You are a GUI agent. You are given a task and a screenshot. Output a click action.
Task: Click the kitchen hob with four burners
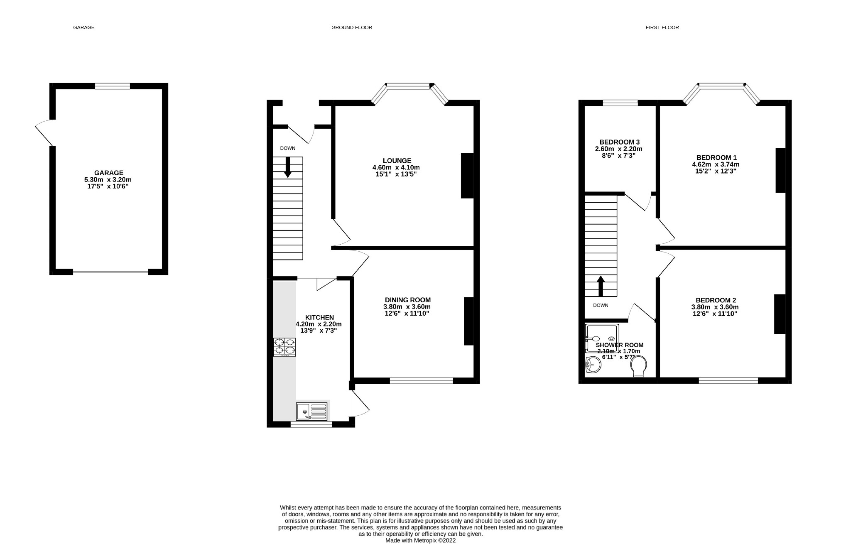[x=284, y=347]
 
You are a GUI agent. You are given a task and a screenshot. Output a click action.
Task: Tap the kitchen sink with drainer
[x=312, y=411]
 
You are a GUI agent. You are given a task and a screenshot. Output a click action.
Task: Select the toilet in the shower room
[x=638, y=368]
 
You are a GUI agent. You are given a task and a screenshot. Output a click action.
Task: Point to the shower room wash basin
[x=593, y=366]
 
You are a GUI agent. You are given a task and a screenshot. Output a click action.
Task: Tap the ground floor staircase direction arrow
[x=287, y=168]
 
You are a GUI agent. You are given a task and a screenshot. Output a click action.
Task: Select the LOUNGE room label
[x=397, y=161]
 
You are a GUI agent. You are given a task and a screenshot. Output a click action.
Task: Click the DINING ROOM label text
[x=407, y=300]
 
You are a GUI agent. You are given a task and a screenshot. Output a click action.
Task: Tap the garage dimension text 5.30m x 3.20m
[x=108, y=180]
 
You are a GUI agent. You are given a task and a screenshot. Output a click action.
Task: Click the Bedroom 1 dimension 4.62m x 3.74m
[x=716, y=164]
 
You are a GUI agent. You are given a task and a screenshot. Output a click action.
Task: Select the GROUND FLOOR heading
[x=351, y=27]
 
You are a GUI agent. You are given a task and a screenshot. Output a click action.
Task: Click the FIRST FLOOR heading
[x=662, y=27]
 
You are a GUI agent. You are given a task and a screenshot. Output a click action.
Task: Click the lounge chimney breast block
[x=467, y=176]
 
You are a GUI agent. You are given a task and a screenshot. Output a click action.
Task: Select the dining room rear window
[x=421, y=380]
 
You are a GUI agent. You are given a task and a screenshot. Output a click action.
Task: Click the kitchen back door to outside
[x=360, y=402]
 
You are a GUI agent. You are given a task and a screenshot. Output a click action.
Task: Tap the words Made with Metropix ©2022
[x=420, y=540]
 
